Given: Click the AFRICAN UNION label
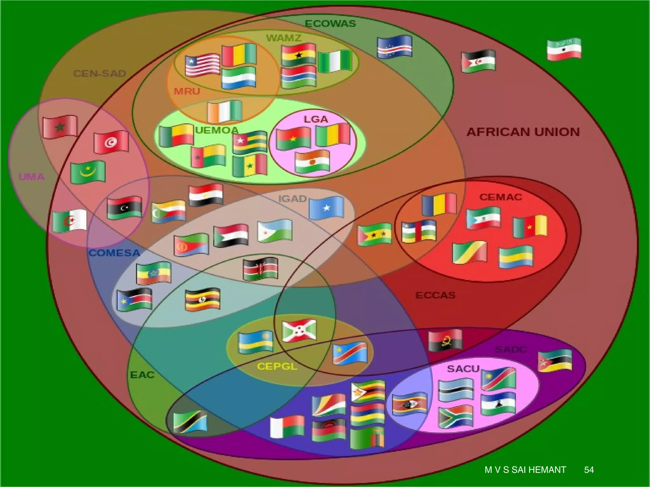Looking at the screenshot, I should (523, 132).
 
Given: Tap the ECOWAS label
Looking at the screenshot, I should (330, 24).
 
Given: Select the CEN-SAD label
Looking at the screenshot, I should (100, 74).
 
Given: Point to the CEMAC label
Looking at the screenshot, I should (501, 197).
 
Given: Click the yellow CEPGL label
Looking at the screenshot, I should (277, 367).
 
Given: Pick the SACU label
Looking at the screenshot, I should (463, 369).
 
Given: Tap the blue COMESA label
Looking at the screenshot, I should (114, 253).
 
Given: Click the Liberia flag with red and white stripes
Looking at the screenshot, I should (202, 65).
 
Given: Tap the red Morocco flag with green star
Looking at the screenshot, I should (60, 127).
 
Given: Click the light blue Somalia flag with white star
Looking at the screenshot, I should (326, 208).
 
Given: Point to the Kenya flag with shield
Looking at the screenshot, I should (261, 269).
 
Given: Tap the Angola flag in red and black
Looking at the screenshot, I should (445, 341).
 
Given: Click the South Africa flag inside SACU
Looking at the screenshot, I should (456, 417).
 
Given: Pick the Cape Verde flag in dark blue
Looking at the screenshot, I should (395, 46).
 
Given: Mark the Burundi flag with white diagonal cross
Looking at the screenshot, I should (299, 331).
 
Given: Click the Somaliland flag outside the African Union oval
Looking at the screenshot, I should (564, 49).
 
